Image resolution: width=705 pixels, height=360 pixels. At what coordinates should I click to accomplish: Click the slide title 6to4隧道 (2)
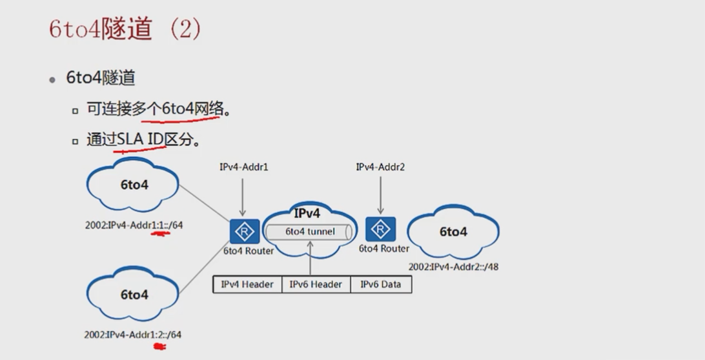point(125,29)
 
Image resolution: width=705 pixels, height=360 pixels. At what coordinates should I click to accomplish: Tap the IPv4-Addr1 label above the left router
point(243,167)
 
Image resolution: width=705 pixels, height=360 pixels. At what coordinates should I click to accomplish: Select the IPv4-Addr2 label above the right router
point(380,167)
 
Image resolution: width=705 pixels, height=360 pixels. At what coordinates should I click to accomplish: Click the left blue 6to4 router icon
point(245,232)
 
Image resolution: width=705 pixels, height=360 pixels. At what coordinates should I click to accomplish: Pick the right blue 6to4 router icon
point(380,229)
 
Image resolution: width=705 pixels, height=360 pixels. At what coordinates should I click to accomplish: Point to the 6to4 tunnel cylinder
point(309,232)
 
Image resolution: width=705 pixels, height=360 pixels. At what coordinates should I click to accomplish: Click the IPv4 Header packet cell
point(247,285)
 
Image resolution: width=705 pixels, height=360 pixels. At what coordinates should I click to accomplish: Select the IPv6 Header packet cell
point(316,285)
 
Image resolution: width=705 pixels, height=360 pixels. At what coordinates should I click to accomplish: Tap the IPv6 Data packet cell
point(381,285)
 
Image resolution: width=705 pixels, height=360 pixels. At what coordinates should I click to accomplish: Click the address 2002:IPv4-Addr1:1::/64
point(134,225)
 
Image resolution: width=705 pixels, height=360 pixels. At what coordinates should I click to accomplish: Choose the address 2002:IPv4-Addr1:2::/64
point(132,335)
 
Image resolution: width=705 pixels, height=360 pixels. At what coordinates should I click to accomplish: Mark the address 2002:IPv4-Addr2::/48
point(453,267)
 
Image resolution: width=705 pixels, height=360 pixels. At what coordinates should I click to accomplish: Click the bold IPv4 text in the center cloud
point(307,213)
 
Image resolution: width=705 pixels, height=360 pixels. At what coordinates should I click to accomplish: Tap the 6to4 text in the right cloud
point(453,232)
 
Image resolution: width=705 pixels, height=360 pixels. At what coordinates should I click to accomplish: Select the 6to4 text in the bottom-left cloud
point(134,295)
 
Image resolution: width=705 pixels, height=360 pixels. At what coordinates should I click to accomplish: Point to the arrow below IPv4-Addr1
point(243,197)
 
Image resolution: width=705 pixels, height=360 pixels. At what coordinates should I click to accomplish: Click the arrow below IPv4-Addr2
point(380,195)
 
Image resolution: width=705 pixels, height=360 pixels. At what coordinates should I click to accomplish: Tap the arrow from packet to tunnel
point(311,259)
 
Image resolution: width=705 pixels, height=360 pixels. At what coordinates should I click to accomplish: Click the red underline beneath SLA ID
point(140,149)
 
